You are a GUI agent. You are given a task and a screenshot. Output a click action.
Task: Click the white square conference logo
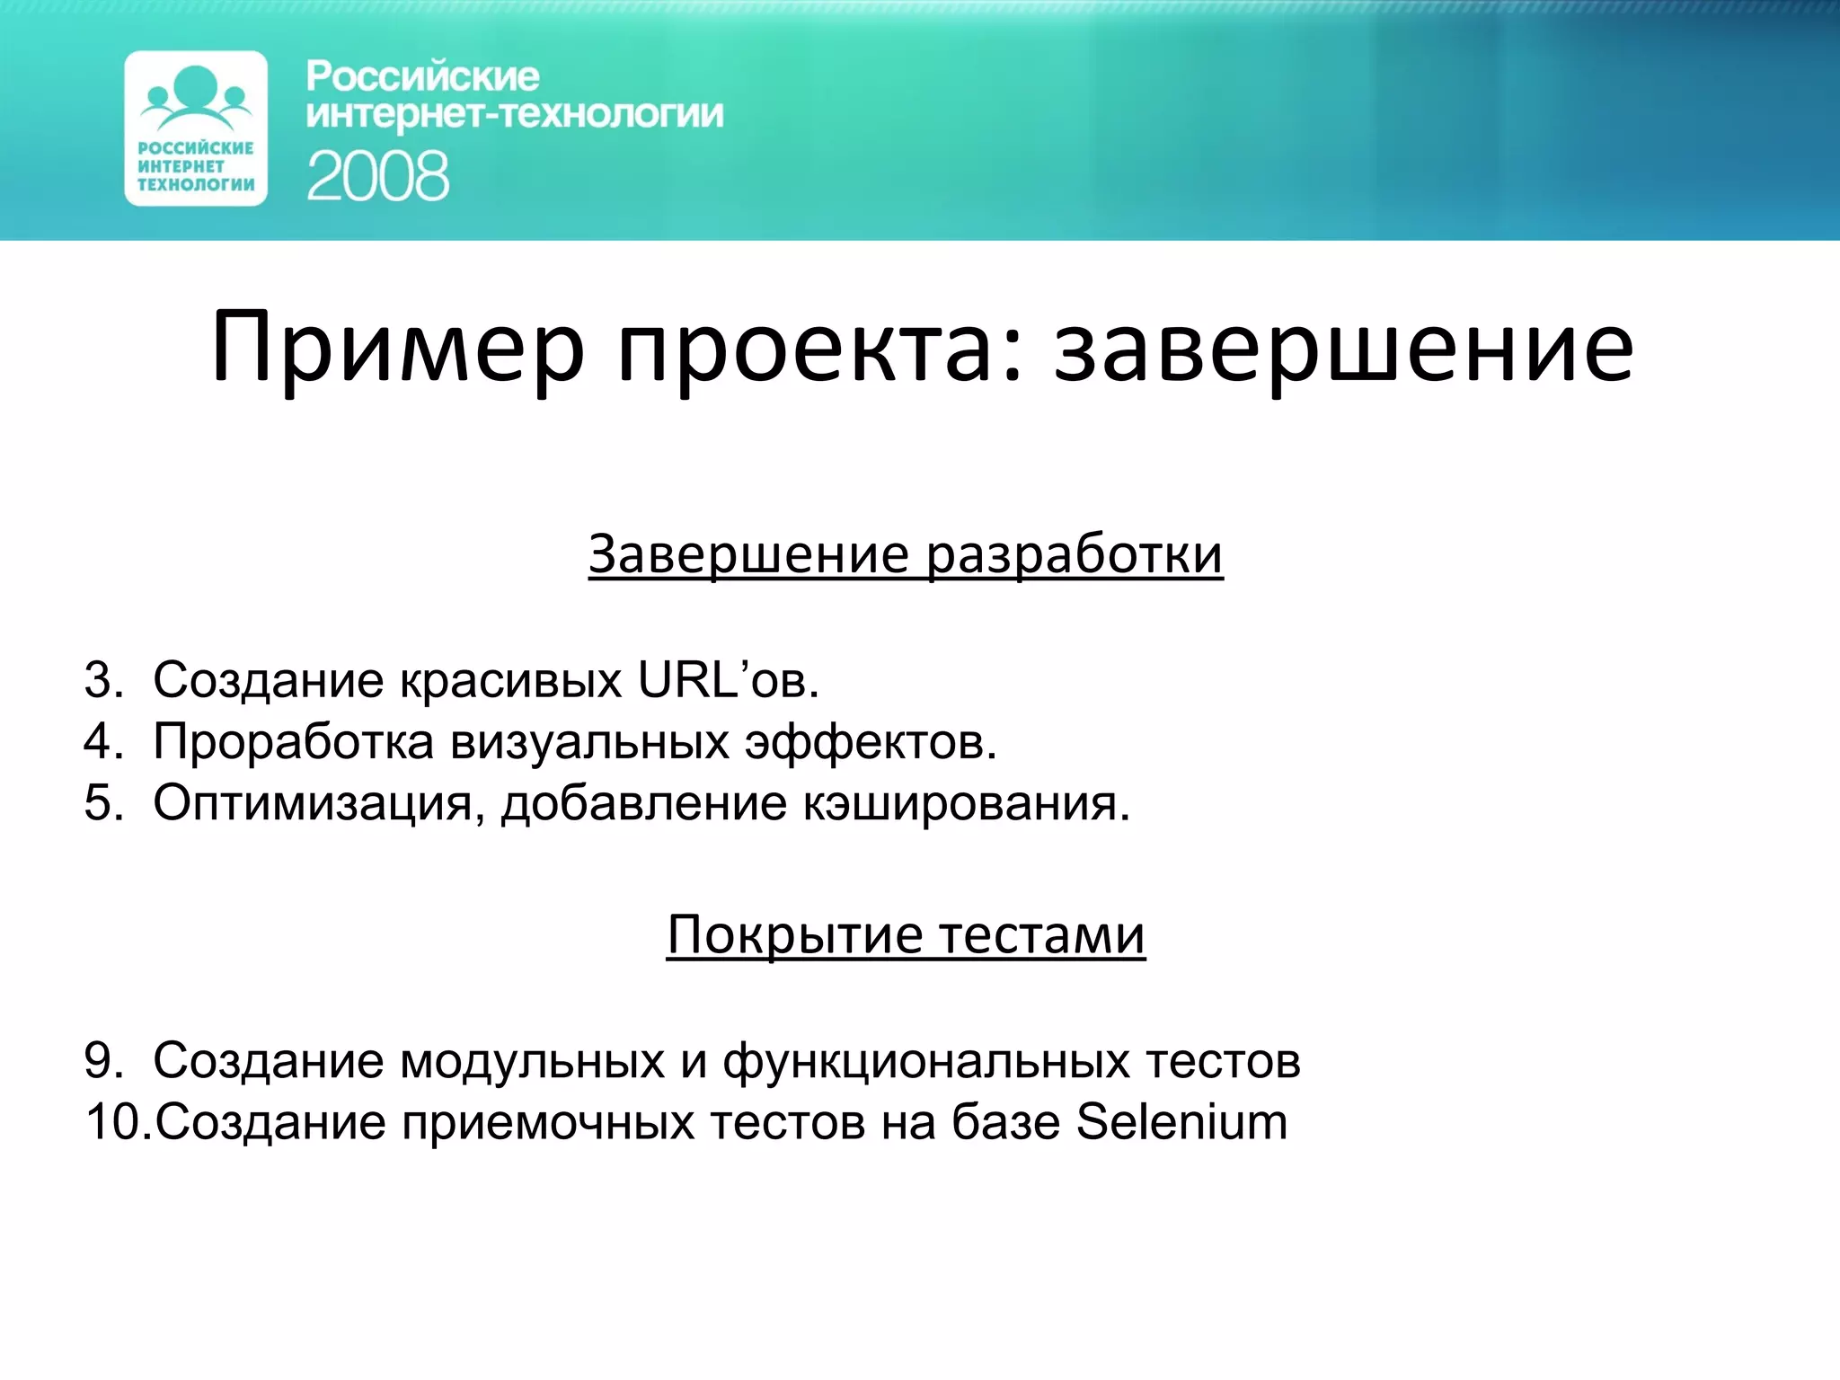click(x=196, y=128)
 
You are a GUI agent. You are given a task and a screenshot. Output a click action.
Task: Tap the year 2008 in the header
click(x=377, y=176)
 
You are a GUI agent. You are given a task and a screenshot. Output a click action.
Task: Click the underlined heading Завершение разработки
click(x=906, y=554)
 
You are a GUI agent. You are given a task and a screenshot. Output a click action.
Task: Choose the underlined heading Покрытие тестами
click(x=906, y=935)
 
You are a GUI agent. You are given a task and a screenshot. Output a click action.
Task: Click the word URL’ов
click(x=728, y=680)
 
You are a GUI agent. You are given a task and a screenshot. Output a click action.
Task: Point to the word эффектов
click(x=871, y=742)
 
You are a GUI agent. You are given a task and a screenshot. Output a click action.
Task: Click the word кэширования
click(x=966, y=802)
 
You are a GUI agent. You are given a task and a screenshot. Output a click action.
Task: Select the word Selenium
click(x=1181, y=1122)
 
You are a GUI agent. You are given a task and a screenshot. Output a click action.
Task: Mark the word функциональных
click(x=926, y=1061)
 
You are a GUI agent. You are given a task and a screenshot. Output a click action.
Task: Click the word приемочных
click(x=548, y=1122)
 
